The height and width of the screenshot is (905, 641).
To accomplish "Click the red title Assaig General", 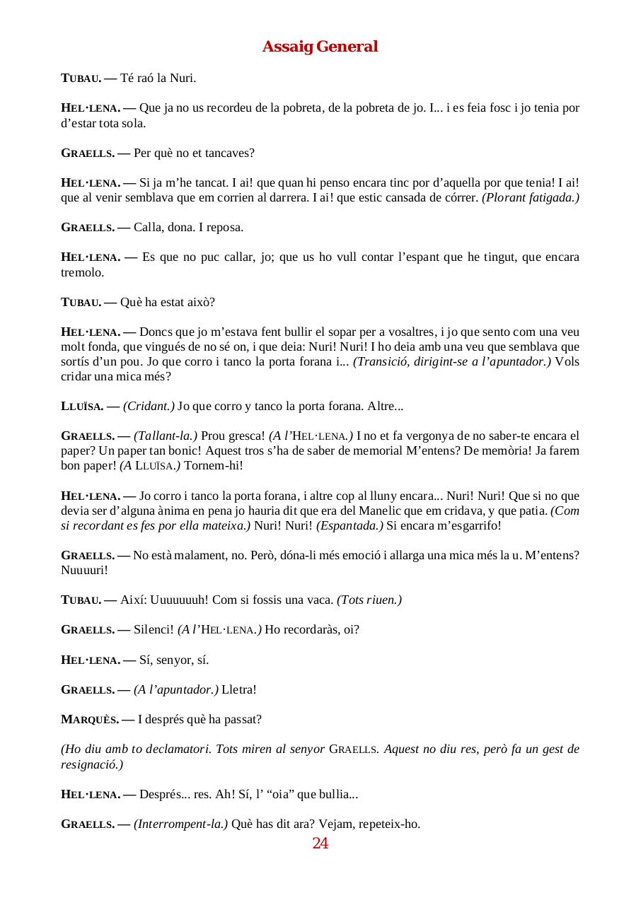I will tap(320, 47).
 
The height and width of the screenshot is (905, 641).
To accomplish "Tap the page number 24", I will tap(320, 843).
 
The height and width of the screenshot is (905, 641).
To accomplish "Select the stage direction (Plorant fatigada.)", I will tap(531, 198).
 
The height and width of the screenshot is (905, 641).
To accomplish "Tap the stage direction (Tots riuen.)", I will tap(369, 600).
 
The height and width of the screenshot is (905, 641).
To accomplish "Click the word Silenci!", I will tap(154, 630).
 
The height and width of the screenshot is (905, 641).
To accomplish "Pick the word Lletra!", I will tap(240, 689).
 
